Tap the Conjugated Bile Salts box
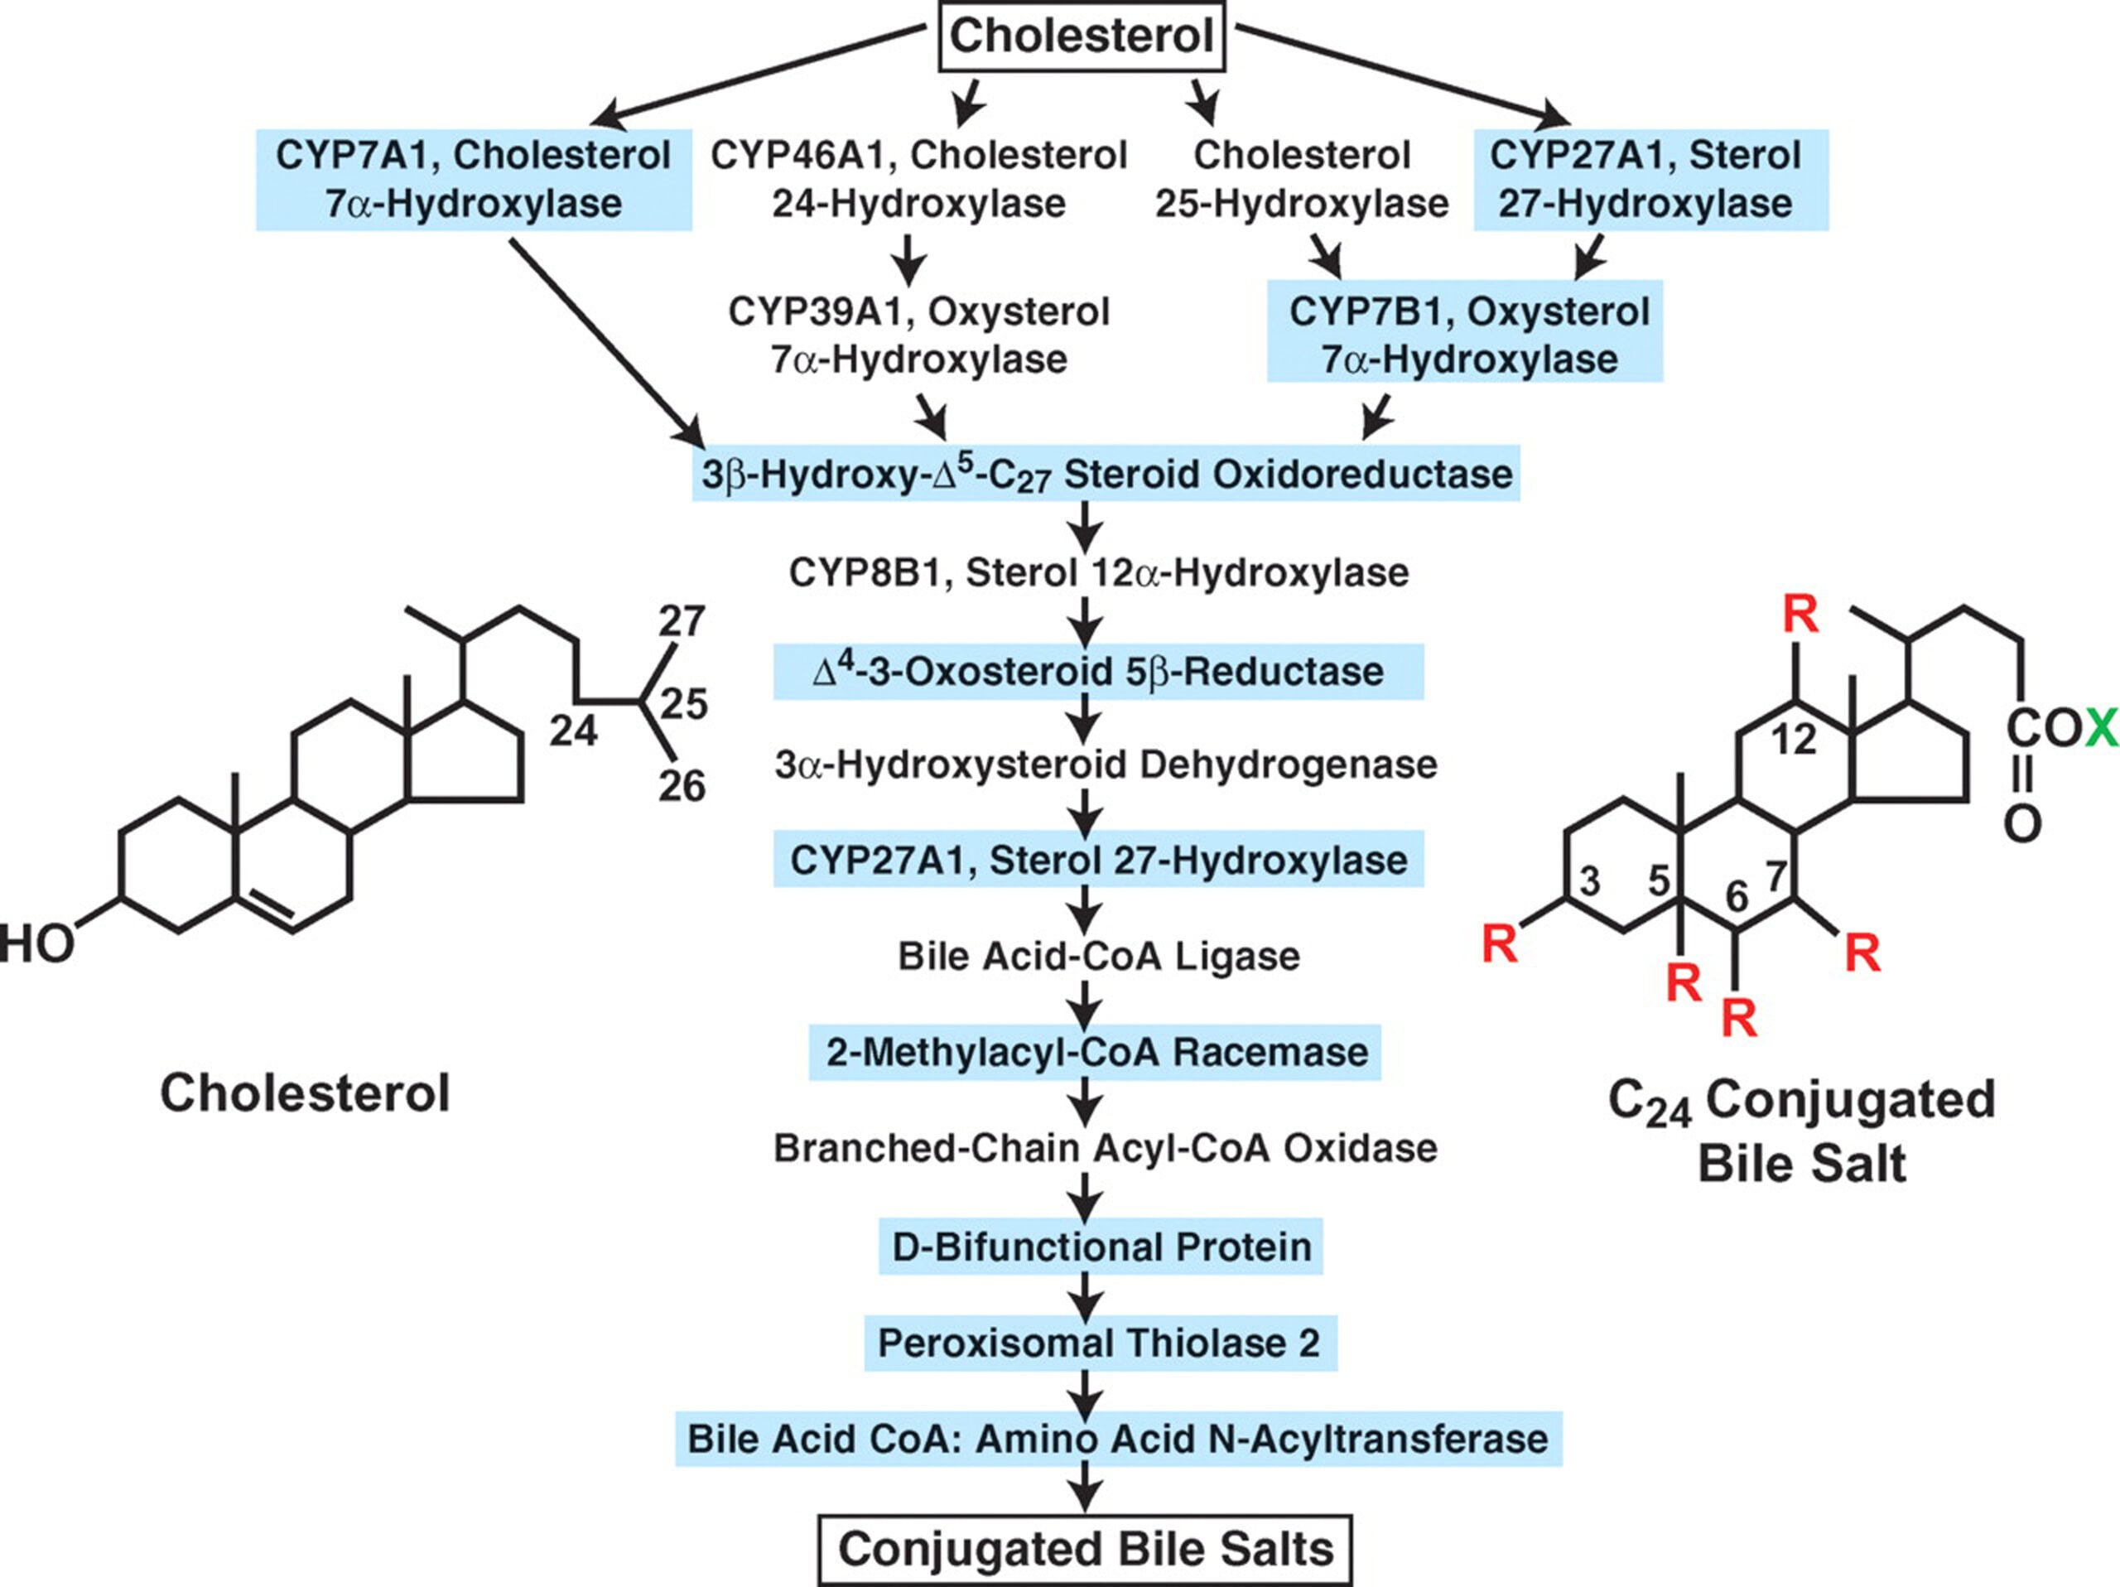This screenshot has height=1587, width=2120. pos(1085,1550)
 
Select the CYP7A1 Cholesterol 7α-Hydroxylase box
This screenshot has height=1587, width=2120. pos(474,179)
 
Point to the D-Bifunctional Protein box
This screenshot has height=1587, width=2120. pos(1101,1247)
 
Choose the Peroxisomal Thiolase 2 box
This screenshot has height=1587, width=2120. pos(1099,1343)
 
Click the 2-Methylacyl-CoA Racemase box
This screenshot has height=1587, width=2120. pos(1096,1052)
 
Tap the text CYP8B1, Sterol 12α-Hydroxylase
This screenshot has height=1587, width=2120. pos(1098,572)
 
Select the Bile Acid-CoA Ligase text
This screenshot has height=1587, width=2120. pos(1098,956)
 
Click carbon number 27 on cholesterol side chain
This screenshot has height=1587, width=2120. pos(682,622)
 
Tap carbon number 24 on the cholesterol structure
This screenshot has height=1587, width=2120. pos(573,731)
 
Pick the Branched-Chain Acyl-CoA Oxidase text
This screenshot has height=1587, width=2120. pos(1105,1148)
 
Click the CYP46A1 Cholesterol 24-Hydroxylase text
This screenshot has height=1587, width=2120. pos(918,179)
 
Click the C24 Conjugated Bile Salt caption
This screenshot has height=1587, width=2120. pos(1802,1131)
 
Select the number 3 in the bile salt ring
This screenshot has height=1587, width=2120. pos(1590,880)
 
